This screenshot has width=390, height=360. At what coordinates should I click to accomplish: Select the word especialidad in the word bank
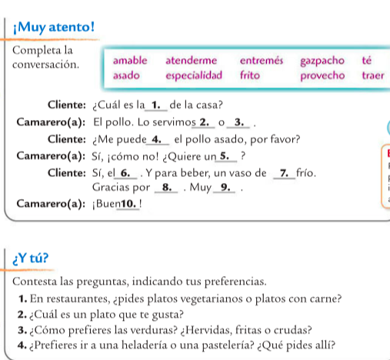click(194, 75)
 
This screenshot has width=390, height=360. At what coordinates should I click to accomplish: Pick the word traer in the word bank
click(372, 75)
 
